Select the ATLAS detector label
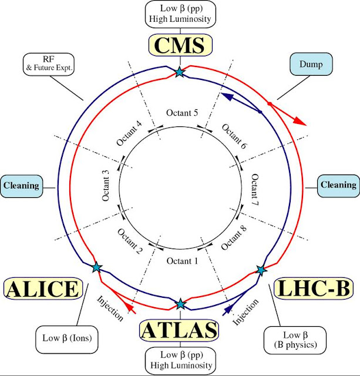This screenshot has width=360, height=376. [180, 330]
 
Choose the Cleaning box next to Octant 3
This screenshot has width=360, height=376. [21, 186]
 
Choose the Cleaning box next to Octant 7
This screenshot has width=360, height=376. [338, 185]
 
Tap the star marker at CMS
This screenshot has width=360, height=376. [179, 72]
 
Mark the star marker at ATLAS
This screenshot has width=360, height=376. [180, 304]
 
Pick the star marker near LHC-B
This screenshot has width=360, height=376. [261, 270]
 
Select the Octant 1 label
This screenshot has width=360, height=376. [181, 260]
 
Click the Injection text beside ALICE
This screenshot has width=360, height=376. [110, 307]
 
